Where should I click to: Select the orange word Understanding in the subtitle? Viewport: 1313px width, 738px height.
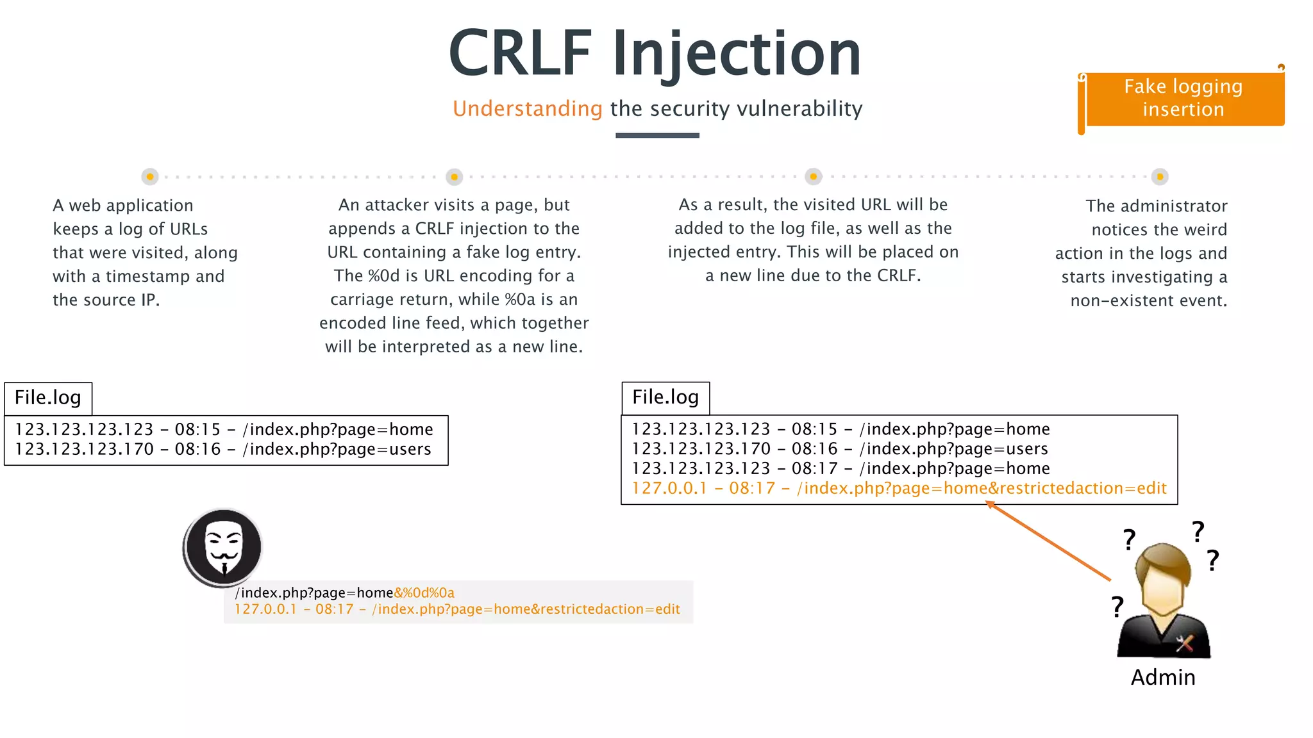click(527, 109)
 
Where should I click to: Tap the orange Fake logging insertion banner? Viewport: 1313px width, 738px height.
click(1183, 98)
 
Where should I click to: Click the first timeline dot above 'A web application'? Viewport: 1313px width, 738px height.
click(150, 176)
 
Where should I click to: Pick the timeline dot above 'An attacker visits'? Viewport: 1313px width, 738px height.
click(454, 176)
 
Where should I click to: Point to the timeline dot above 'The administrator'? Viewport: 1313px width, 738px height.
click(1159, 176)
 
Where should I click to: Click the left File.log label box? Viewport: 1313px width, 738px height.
click(48, 398)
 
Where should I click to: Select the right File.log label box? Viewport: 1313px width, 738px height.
click(665, 397)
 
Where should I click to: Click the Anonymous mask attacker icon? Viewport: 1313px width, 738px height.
click(223, 547)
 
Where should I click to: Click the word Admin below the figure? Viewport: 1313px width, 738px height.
click(1163, 678)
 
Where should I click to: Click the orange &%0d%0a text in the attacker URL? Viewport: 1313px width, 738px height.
click(424, 593)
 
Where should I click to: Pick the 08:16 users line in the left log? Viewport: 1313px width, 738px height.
click(223, 449)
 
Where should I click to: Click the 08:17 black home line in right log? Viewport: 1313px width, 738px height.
click(840, 468)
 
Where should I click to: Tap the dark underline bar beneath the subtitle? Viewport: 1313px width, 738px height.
click(657, 135)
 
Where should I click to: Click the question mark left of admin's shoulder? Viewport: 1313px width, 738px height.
click(1117, 605)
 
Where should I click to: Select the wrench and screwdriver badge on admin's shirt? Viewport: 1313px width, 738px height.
click(1185, 643)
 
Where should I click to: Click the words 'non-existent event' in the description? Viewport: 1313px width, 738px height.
click(1148, 300)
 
